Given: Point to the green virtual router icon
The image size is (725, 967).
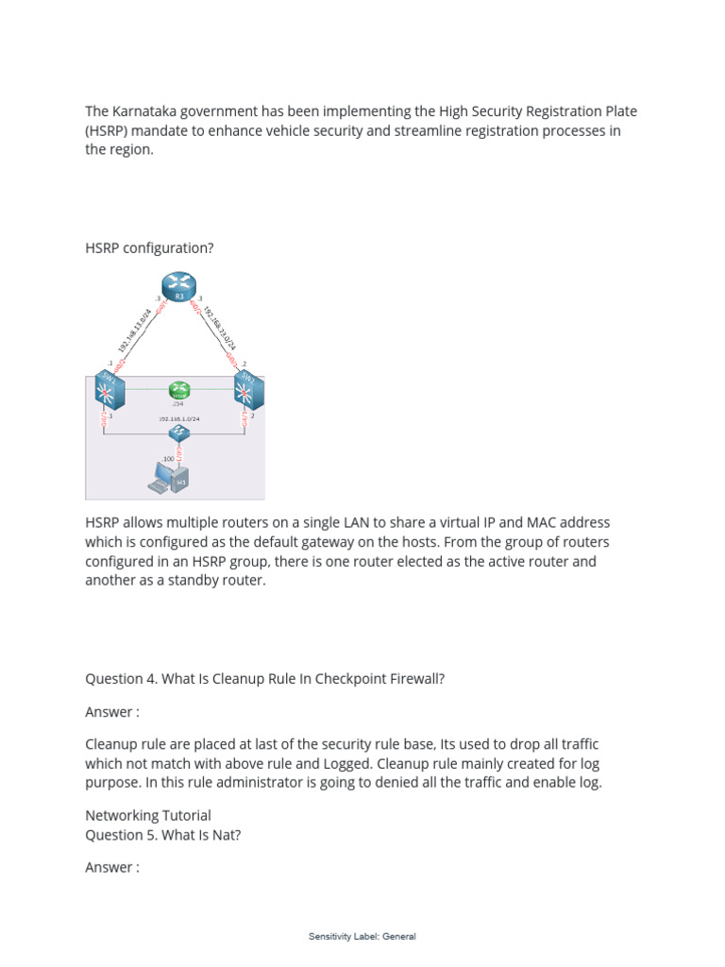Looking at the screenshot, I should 178,389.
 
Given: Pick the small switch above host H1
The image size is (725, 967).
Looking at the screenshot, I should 178,433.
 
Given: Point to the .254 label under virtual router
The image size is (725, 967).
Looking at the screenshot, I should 177,403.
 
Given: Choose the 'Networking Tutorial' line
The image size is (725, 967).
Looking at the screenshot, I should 148,815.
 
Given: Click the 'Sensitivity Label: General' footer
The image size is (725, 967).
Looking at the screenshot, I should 362,937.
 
